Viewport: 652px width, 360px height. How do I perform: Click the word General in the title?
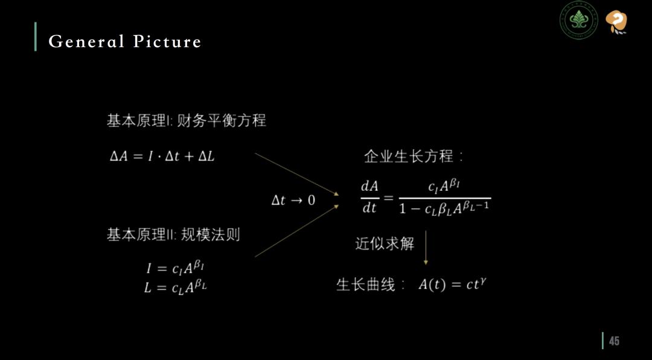(86, 42)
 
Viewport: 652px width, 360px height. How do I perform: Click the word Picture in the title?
(168, 42)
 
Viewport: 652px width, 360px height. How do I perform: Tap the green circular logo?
(578, 21)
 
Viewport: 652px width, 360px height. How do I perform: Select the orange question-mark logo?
(616, 22)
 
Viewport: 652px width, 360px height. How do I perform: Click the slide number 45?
(614, 341)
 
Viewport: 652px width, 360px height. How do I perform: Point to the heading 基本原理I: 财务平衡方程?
(187, 121)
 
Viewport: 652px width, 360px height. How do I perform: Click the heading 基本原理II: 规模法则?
(173, 235)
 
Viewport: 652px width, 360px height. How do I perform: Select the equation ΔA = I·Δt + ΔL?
(162, 156)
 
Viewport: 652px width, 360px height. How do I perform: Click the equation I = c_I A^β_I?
(175, 267)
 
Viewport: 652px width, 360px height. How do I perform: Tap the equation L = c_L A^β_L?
(175, 287)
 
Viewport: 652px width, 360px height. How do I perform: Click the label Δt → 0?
(293, 201)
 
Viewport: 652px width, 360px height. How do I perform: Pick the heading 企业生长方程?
(414, 157)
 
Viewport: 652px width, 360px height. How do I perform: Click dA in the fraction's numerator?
(369, 187)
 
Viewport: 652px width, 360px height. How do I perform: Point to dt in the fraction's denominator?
(369, 208)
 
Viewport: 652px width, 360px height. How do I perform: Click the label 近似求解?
(385, 243)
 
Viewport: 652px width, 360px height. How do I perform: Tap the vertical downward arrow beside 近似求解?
(426, 247)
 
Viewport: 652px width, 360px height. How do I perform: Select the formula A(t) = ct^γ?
(452, 284)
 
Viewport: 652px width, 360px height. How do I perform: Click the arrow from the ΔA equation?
(297, 174)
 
